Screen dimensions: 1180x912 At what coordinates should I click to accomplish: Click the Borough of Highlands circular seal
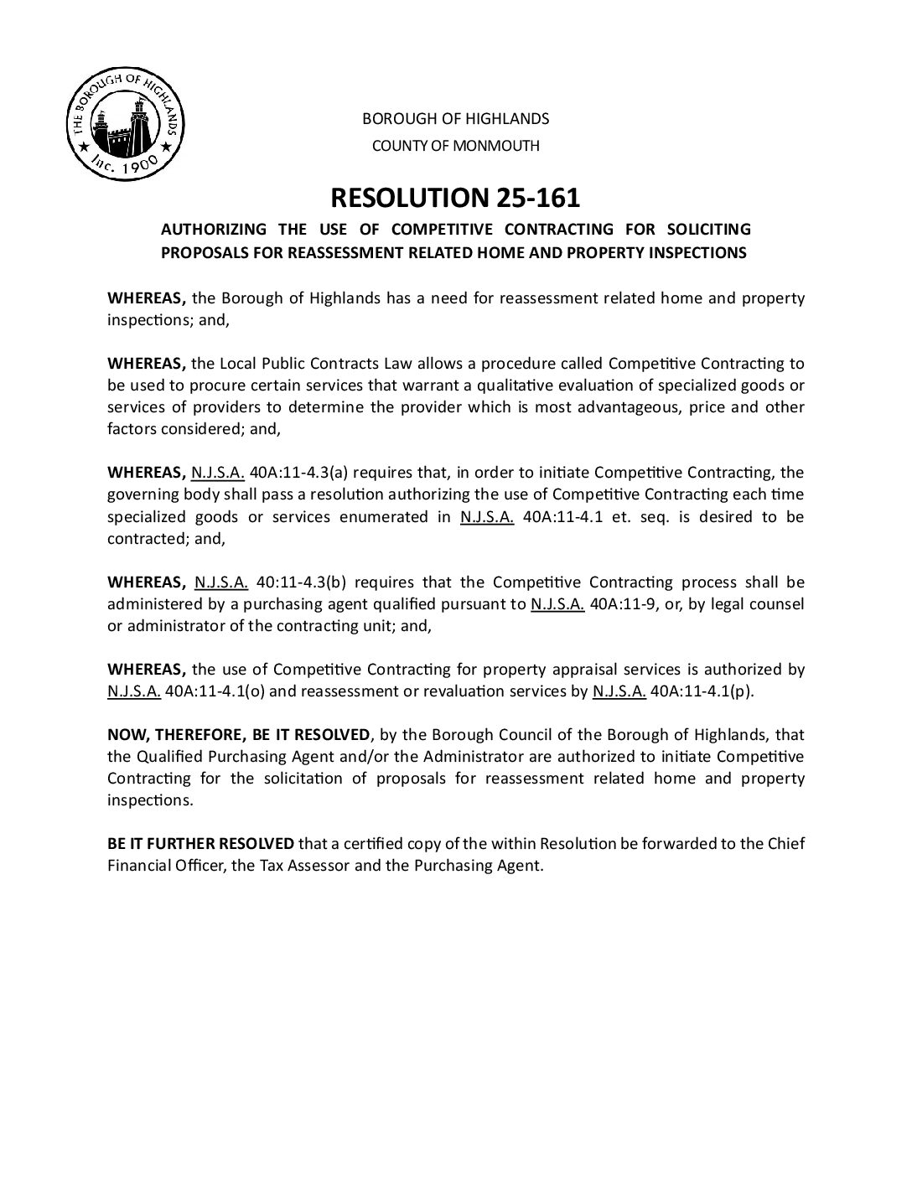[x=126, y=125]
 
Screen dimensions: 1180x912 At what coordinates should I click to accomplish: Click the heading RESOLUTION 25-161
[x=455, y=198]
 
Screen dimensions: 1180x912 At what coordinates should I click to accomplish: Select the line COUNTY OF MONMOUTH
[x=455, y=146]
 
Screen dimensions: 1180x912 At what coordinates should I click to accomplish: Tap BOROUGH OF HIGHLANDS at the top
[x=455, y=119]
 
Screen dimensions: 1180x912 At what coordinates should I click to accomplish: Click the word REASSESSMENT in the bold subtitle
[x=350, y=253]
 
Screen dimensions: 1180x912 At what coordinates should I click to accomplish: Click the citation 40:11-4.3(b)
[x=295, y=582]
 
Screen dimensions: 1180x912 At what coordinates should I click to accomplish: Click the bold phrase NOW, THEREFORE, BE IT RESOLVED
[x=238, y=735]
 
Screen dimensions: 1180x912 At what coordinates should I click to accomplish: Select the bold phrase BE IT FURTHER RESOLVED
[x=200, y=843]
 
